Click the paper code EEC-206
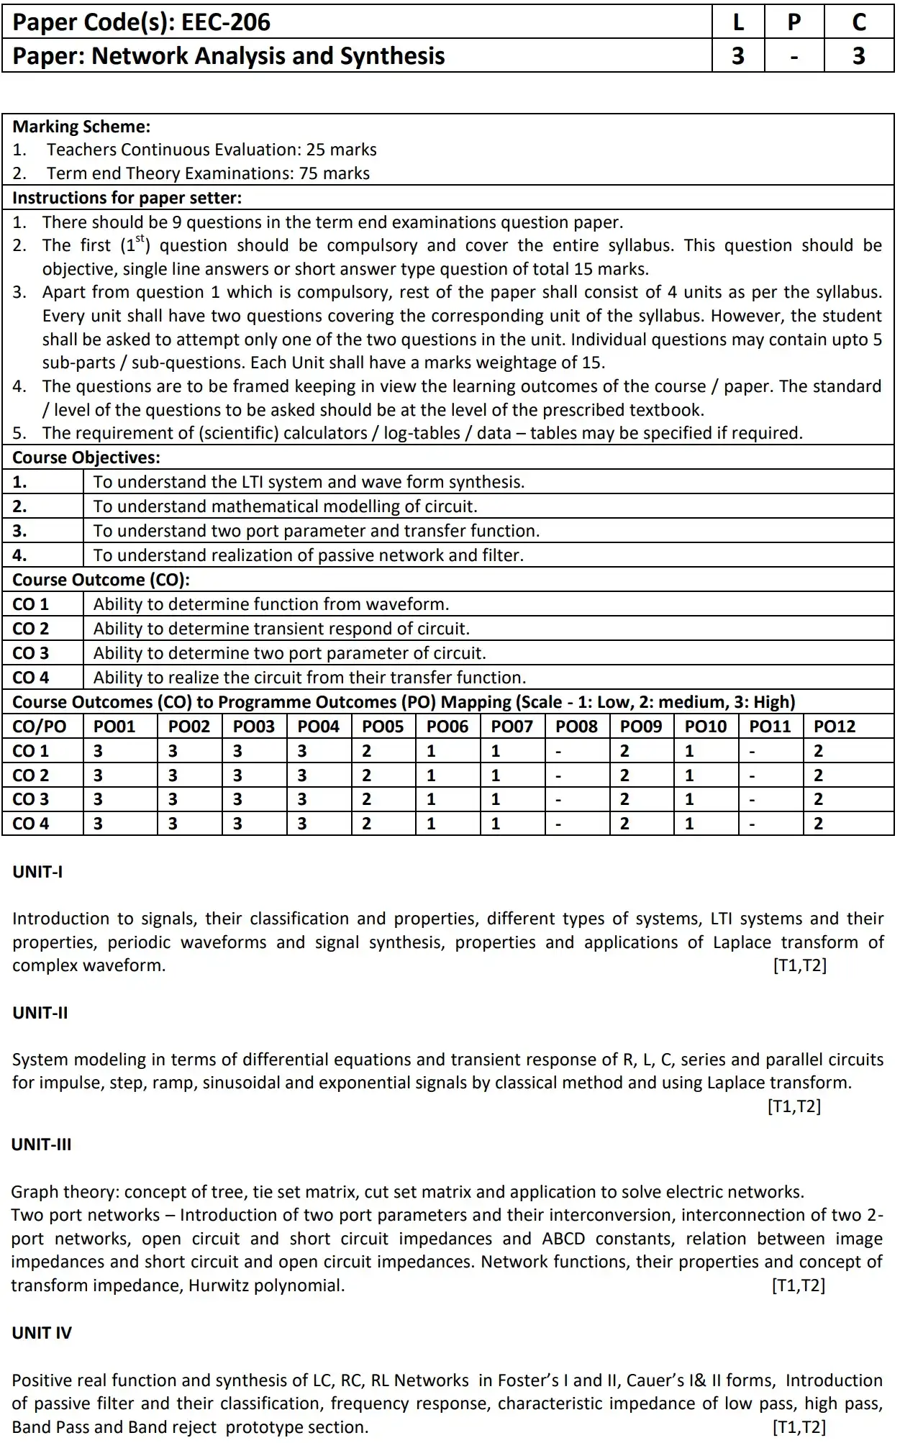tap(226, 22)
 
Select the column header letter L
tap(738, 22)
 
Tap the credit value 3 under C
tap(859, 55)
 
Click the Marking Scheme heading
tap(81, 127)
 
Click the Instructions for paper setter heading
tap(127, 198)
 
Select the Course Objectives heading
tap(86, 458)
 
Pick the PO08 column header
tap(576, 727)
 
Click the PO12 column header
tap(835, 727)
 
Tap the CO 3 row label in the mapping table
tap(31, 799)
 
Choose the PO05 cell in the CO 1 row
tap(367, 751)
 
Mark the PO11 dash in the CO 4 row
tap(753, 824)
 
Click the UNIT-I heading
tap(37, 872)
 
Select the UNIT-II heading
tap(40, 1013)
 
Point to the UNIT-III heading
tap(42, 1144)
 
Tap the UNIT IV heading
tap(42, 1333)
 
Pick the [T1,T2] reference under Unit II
tap(794, 1106)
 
